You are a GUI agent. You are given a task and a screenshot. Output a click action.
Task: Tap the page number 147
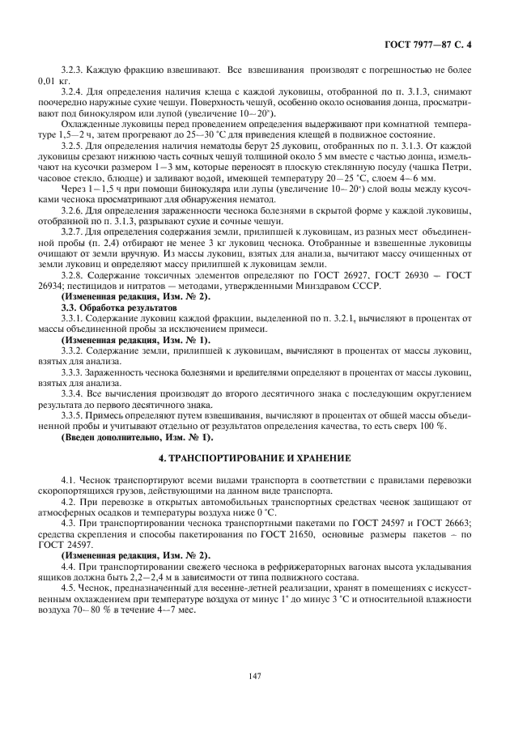tap(254, 674)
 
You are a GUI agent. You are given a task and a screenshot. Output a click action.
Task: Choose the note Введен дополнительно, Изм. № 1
tap(137, 438)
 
